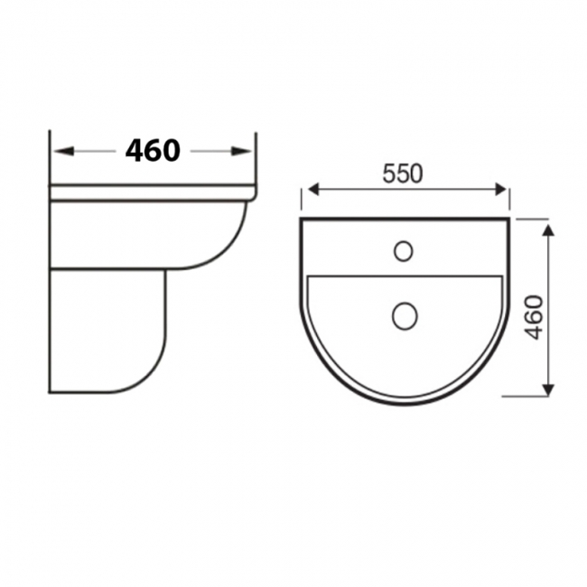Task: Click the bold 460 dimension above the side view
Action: click(x=153, y=151)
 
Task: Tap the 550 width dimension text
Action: click(x=403, y=174)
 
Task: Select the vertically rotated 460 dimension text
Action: click(x=534, y=316)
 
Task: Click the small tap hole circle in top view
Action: click(x=404, y=250)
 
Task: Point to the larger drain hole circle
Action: click(x=404, y=314)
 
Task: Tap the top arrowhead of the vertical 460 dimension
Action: click(x=546, y=230)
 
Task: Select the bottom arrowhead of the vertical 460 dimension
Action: click(x=546, y=388)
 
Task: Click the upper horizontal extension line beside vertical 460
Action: click(x=533, y=218)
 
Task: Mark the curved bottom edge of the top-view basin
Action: click(x=404, y=402)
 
